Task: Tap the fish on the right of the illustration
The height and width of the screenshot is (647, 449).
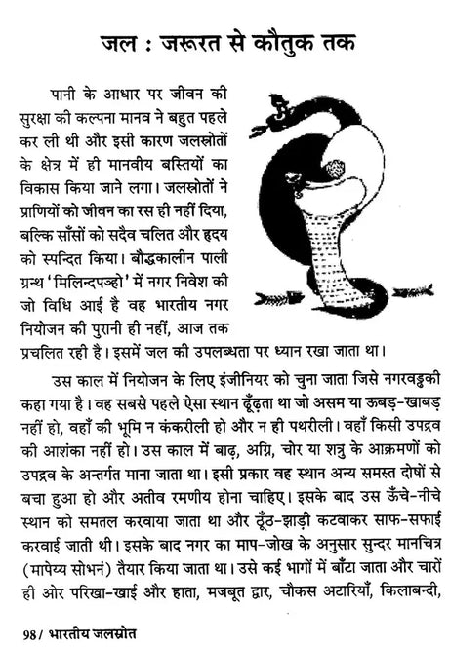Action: pos(416,291)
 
